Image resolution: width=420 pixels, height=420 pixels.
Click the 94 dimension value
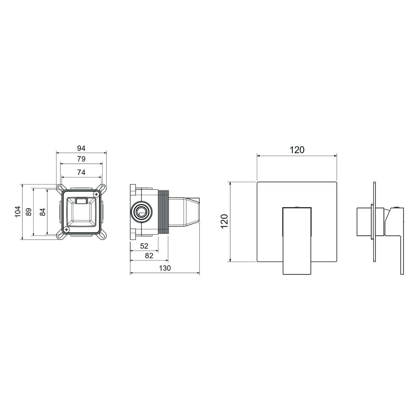coord(81,148)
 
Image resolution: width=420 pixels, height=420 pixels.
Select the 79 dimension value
coord(81,159)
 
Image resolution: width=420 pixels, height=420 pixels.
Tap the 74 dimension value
coord(81,173)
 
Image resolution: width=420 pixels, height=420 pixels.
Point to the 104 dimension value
coord(18,211)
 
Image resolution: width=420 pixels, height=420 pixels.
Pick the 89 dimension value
coord(29,212)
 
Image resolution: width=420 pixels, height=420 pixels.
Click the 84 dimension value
coord(43,212)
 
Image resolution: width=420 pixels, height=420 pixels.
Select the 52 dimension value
coord(144,246)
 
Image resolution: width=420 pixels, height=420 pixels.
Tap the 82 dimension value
coord(149,256)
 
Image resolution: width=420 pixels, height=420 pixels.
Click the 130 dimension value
coord(165,268)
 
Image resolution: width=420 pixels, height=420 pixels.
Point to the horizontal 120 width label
coord(297,150)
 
